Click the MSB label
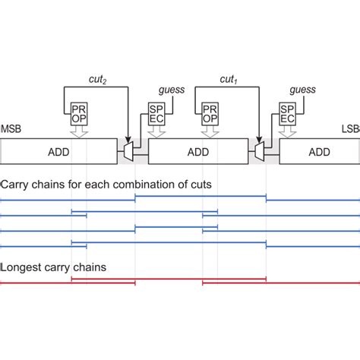[11, 130]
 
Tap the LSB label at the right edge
[350, 130]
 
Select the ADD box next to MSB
[58, 153]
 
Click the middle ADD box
[197, 153]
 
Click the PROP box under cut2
[79, 115]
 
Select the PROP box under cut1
[210, 115]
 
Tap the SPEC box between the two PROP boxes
[156, 115]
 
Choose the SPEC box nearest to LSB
[287, 115]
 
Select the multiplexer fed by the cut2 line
[128, 153]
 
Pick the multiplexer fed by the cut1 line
[259, 153]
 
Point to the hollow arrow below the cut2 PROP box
[79, 133]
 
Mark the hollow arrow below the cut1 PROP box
[210, 133]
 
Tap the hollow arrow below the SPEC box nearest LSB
[287, 133]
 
